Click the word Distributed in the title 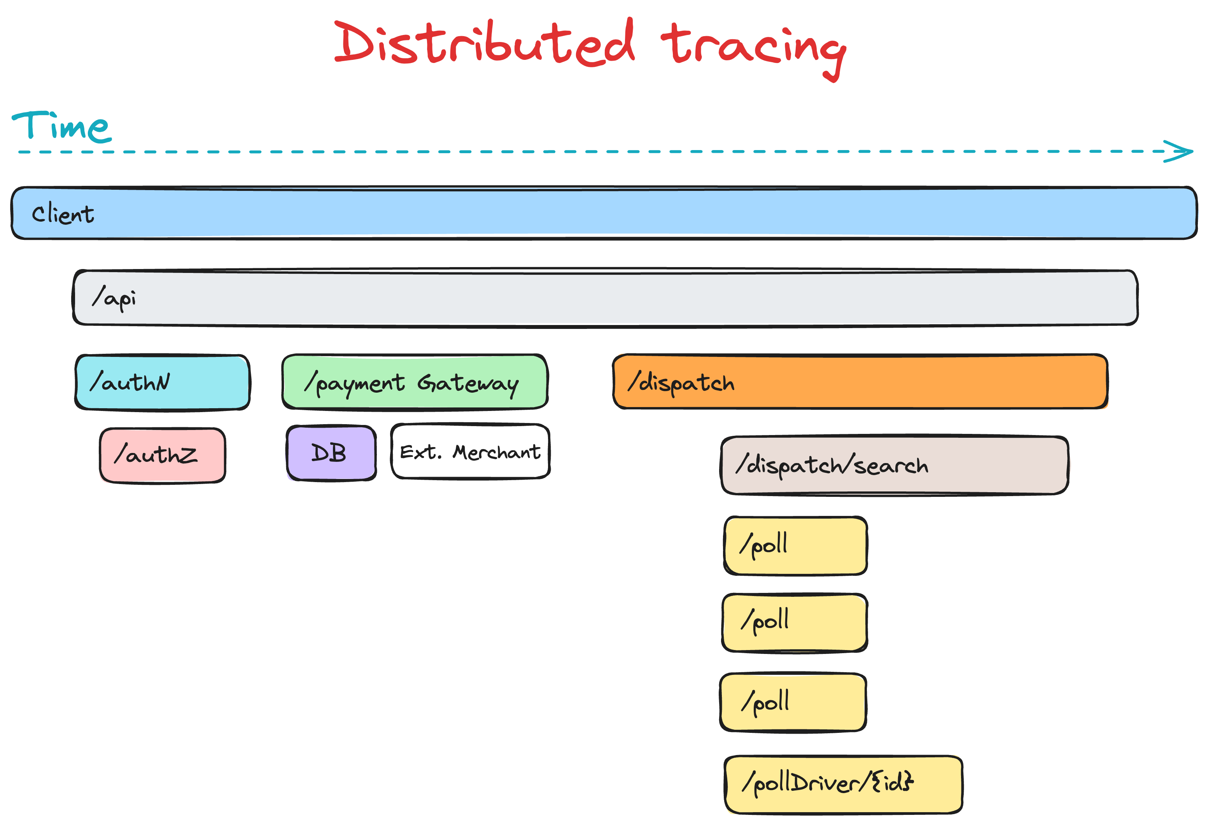coord(483,44)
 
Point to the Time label coord(61,126)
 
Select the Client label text coord(63,214)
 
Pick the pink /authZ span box coord(162,455)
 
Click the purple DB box coord(331,453)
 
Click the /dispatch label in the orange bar coord(681,383)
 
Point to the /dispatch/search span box coord(894,465)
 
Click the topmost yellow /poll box coord(795,545)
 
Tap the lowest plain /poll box coord(793,703)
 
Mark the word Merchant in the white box coord(496,453)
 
